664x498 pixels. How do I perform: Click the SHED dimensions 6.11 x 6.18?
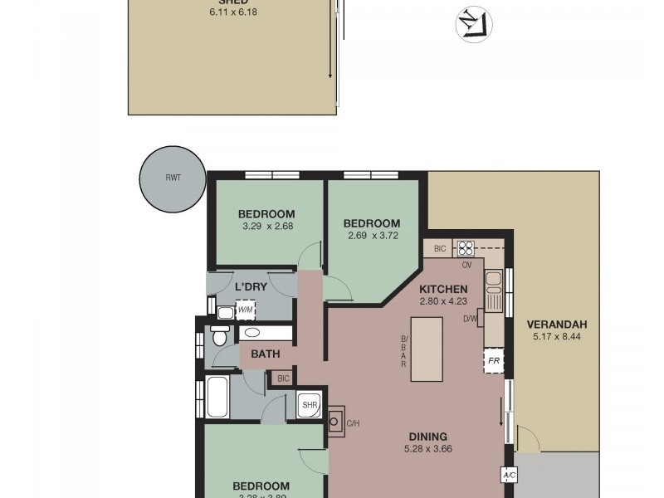point(233,13)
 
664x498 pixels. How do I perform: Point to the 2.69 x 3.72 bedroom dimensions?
point(372,236)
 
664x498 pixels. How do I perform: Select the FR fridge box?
point(494,361)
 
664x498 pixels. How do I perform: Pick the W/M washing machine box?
point(246,311)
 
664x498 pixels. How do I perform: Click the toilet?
point(220,337)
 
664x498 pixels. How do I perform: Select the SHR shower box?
point(309,405)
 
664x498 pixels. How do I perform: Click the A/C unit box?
point(508,476)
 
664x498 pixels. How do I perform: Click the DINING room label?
point(428,437)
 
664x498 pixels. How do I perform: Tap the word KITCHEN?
point(444,288)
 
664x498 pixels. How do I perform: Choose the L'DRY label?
point(250,287)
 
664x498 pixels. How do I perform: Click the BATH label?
point(266,354)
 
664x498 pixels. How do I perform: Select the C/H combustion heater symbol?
point(335,421)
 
